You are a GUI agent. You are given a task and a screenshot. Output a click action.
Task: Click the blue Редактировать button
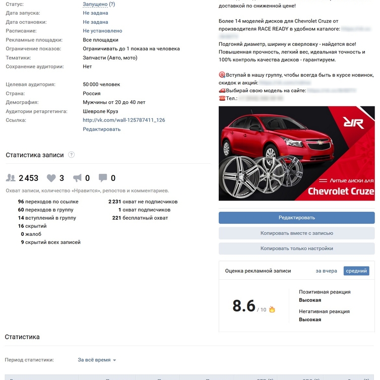[x=296, y=218]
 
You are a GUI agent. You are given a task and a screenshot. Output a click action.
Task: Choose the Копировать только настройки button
[x=296, y=248]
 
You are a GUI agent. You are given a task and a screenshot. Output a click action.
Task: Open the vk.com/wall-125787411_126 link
[x=123, y=120]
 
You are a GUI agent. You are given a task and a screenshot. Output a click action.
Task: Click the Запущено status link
[x=95, y=4]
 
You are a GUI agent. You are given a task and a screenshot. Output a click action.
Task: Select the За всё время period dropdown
[x=97, y=360]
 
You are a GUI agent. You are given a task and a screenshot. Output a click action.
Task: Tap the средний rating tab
[x=356, y=271]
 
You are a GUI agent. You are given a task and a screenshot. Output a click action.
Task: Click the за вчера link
[x=326, y=271]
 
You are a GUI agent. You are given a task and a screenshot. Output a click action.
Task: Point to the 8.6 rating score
[x=244, y=306]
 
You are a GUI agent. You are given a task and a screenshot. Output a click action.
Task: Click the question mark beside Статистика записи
[x=71, y=155]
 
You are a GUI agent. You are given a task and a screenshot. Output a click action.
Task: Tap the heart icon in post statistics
[x=51, y=178]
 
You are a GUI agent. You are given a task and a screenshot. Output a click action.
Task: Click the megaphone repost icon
[x=77, y=178]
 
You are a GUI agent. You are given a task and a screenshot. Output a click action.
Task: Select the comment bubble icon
[x=103, y=178]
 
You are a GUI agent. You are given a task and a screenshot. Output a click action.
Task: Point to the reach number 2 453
[x=28, y=178]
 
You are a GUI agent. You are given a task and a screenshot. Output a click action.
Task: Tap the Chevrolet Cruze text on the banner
[x=341, y=192]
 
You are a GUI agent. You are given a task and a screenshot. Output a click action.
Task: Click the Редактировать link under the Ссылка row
[x=101, y=129]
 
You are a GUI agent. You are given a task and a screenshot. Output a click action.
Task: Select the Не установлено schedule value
[x=102, y=31]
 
